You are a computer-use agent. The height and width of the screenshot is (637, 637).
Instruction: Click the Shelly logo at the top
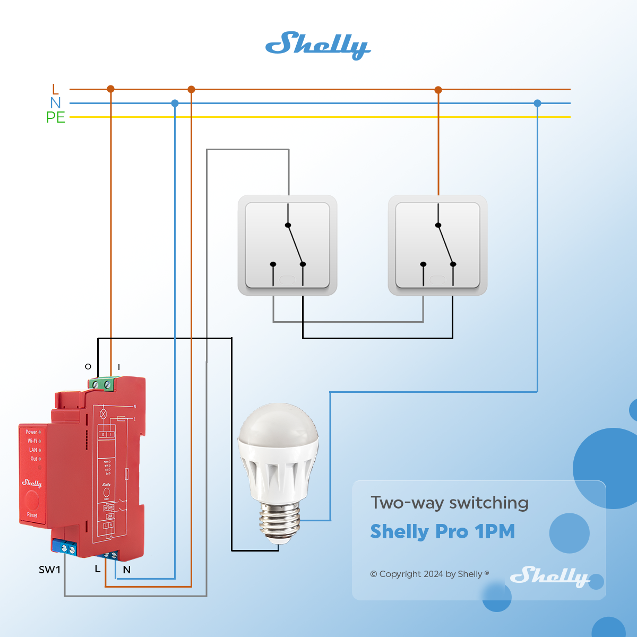pos(317,45)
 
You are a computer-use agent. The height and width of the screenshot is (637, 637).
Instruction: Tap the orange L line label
pos(55,89)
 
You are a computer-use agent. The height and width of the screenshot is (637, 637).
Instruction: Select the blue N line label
pos(55,103)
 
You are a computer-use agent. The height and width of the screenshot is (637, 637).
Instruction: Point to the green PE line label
pos(55,117)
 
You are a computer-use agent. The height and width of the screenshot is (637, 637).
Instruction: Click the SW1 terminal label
pos(49,570)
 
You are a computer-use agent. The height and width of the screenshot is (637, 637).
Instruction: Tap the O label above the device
pos(88,366)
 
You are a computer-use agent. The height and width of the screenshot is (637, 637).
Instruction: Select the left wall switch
pos(287,245)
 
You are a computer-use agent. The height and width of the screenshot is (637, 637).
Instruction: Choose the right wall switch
pos(437,245)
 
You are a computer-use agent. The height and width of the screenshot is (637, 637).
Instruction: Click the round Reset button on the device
pos(32,499)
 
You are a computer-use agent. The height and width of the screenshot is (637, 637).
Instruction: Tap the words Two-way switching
pos(449,503)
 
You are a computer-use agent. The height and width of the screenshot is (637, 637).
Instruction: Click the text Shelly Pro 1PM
pos(442,531)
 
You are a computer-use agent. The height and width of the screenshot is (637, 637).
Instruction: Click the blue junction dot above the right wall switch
pos(537,103)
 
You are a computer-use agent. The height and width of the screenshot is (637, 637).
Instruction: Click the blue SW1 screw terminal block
pos(65,547)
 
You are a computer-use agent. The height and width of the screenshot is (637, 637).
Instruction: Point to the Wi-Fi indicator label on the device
pos(32,441)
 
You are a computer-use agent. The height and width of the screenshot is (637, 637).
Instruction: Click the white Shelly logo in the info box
pos(550,576)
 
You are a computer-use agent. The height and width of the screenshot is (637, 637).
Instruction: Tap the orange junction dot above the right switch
pos(438,90)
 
